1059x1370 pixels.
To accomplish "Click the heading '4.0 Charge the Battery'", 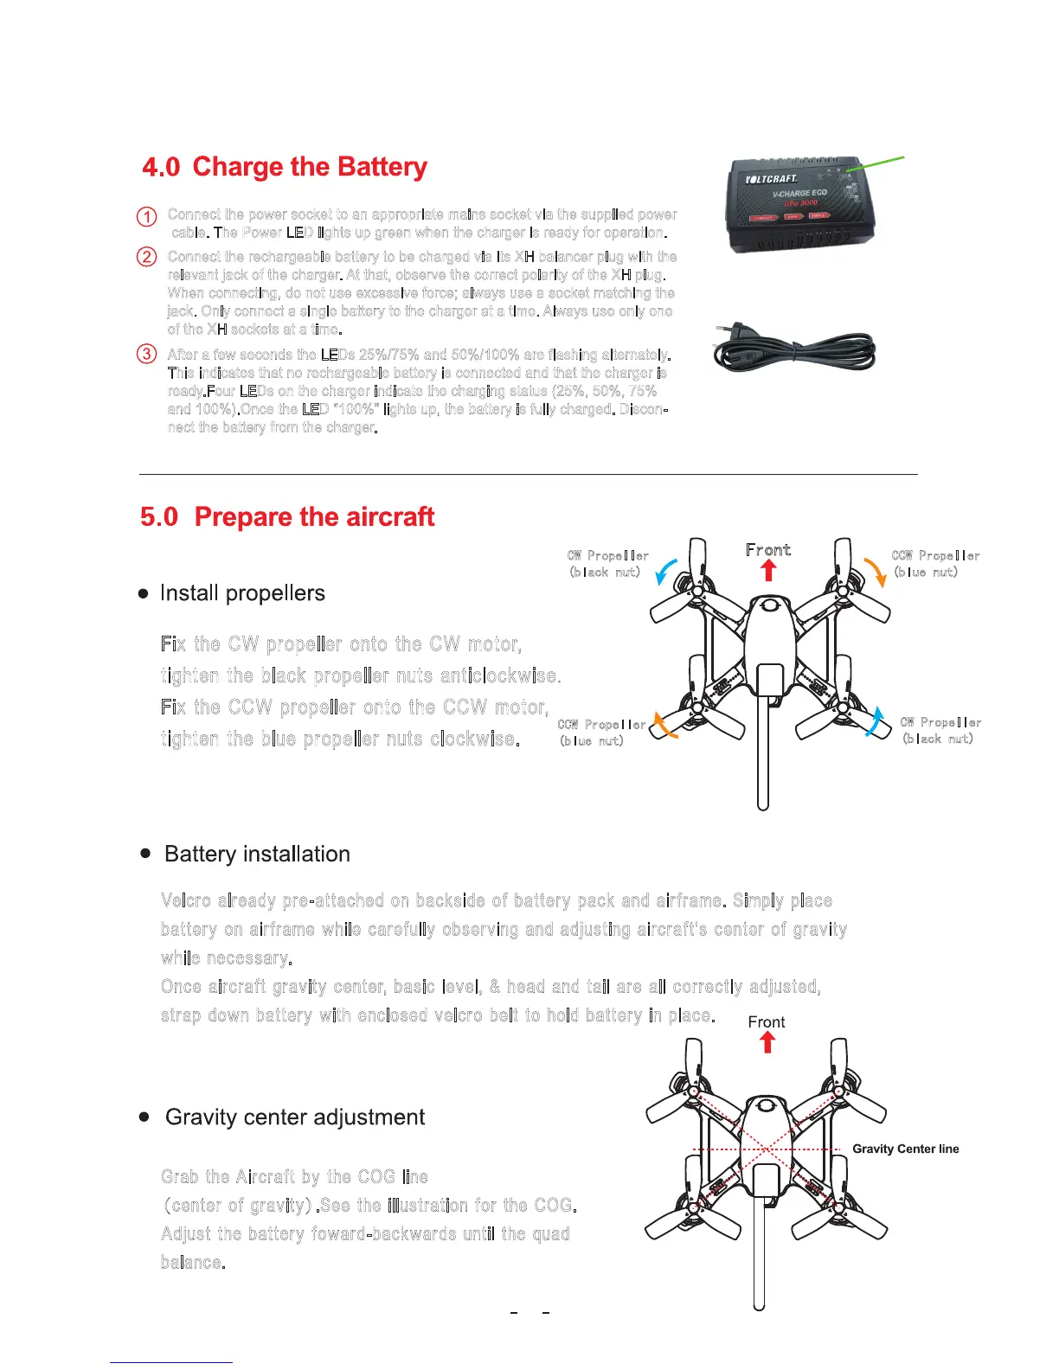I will [x=285, y=166].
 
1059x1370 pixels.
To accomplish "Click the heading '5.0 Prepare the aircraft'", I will [x=287, y=516].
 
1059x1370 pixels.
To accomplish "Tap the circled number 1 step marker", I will [x=147, y=216].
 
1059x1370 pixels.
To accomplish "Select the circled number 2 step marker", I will [x=147, y=257].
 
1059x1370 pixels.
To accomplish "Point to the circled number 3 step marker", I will [x=147, y=354].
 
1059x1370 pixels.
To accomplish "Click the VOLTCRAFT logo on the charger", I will [x=772, y=179].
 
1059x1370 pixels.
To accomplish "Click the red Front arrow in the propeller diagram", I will [x=768, y=570].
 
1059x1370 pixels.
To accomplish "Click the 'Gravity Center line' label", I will [x=905, y=1149].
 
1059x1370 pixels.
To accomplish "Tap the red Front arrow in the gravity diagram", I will [x=767, y=1042].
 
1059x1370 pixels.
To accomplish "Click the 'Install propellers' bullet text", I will [x=242, y=593].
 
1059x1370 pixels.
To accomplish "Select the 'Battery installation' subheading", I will [x=257, y=854].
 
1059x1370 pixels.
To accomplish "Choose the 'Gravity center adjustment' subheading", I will [x=294, y=1117].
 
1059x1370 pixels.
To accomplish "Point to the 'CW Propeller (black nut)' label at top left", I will [x=607, y=563].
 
